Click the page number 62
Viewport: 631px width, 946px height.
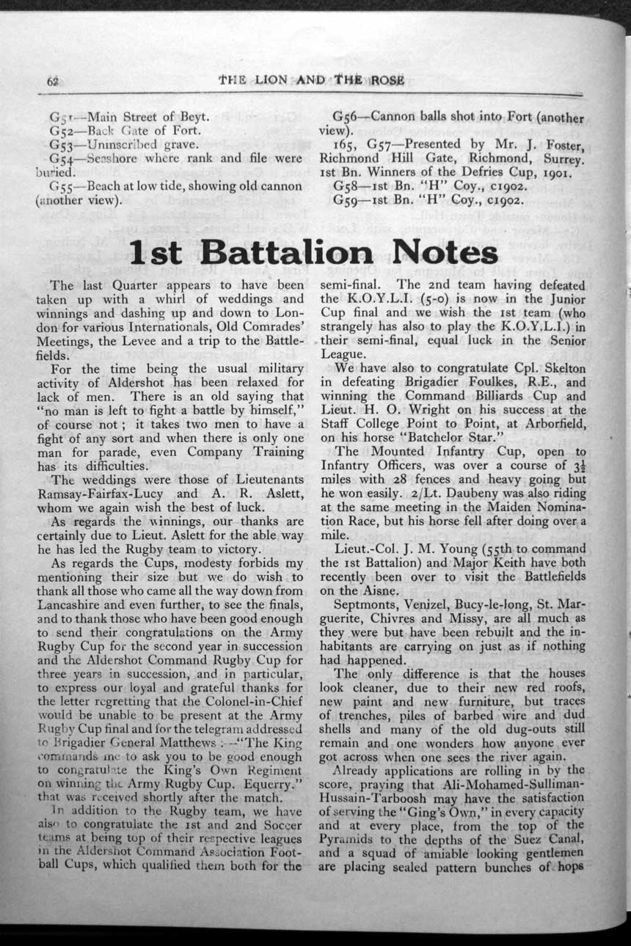point(53,81)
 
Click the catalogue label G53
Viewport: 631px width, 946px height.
point(61,144)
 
